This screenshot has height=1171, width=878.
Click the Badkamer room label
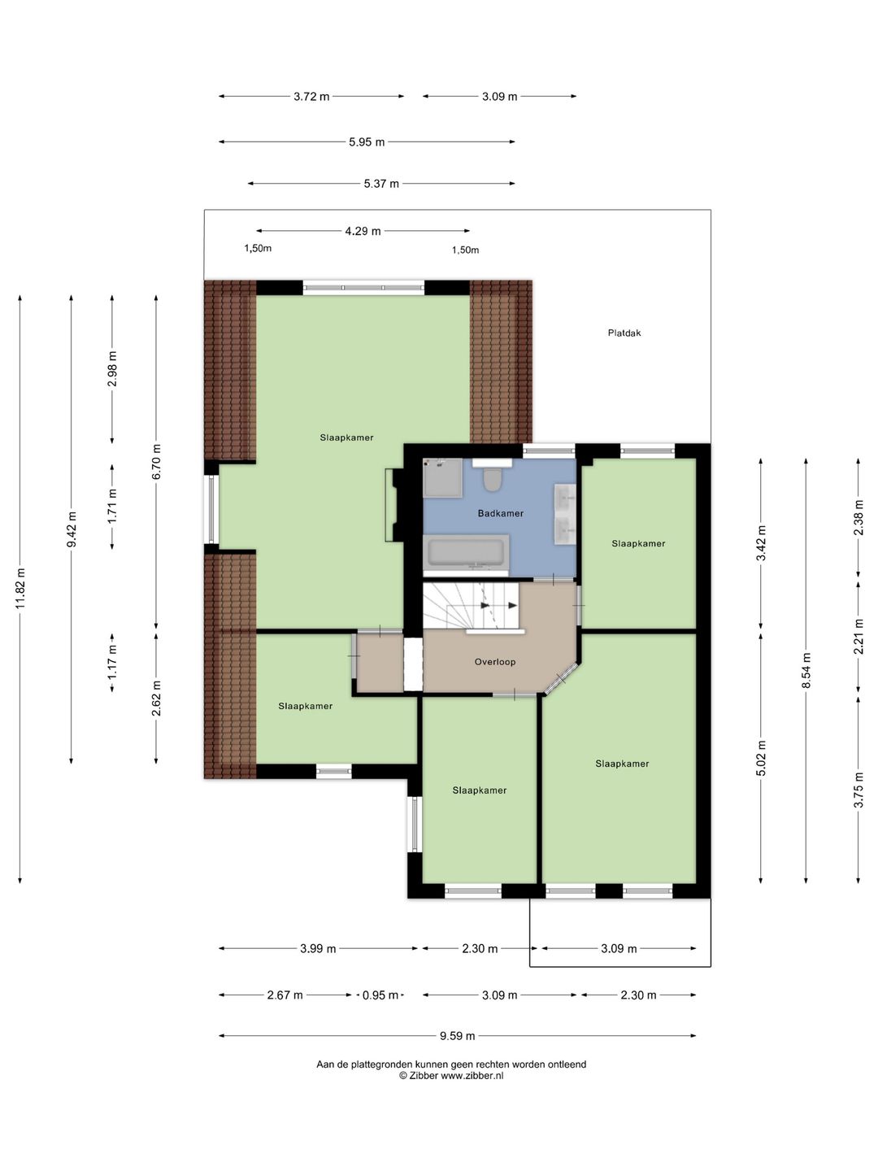pos(500,513)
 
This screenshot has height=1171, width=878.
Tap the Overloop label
pos(495,661)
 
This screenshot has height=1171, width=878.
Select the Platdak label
pos(624,333)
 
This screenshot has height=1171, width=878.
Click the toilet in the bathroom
pos(491,477)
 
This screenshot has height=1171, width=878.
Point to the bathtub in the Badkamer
pos(466,553)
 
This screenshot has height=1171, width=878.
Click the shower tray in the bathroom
pos(443,477)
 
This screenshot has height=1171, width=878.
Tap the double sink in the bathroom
pos(565,514)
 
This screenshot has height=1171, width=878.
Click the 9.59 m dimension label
pos(457,1036)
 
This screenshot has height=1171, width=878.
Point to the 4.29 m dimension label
pos(363,231)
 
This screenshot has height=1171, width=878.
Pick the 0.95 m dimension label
pos(380,995)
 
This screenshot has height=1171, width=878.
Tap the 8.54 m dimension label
pos(806,671)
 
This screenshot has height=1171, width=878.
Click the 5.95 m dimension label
pos(367,142)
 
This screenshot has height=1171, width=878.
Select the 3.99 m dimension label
pos(318,948)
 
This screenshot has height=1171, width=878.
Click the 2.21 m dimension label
pos(858,637)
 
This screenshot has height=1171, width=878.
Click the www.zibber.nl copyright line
pos(451,1076)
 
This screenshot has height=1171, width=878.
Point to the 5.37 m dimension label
pos(381,184)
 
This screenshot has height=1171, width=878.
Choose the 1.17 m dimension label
pos(112,662)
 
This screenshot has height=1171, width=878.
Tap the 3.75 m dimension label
pos(858,790)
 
